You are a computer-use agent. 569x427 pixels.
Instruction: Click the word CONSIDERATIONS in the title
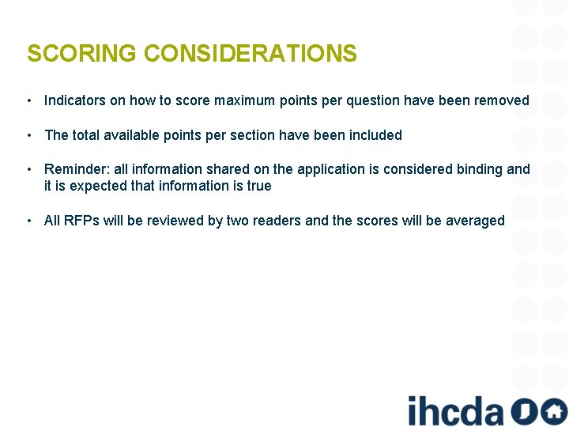[x=251, y=54]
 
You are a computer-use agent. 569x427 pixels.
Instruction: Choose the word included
[x=375, y=135]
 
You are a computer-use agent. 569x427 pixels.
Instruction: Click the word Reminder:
[x=77, y=169]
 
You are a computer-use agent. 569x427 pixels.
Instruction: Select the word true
[x=258, y=186]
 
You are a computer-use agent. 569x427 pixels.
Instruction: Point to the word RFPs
[x=81, y=221]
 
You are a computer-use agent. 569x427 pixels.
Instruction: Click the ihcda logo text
[x=455, y=410]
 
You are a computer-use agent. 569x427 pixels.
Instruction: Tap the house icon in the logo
[x=554, y=410]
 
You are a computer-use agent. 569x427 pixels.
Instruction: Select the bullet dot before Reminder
[x=28, y=169]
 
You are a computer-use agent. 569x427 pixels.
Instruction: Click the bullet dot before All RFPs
[x=28, y=221]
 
